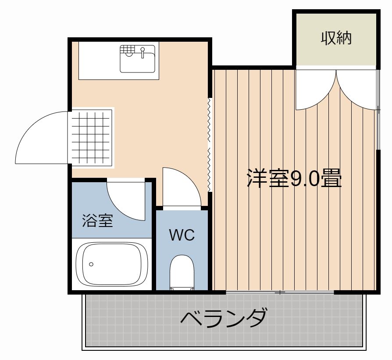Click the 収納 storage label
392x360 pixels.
click(336, 38)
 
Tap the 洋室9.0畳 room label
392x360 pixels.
click(294, 179)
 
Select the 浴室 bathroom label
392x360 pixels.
click(98, 220)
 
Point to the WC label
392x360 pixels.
click(182, 235)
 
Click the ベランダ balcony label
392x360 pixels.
click(223, 318)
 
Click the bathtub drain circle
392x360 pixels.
click(91, 264)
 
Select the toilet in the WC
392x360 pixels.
click(182, 272)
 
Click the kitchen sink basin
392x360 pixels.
click(138, 59)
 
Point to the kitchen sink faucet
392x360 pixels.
click(143, 53)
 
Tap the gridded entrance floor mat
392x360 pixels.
click(91, 138)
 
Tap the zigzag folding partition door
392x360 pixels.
click(210, 145)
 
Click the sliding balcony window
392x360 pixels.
click(280, 292)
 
